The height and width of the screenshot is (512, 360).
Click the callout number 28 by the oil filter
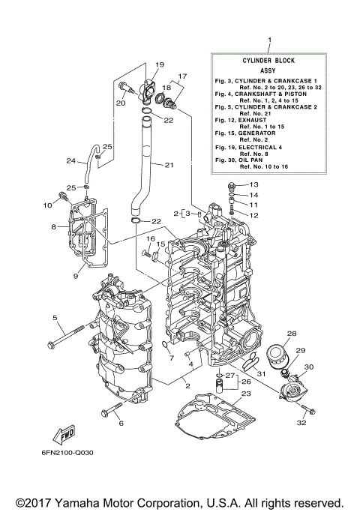coord(292,334)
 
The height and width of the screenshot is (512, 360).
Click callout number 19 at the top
coord(160,64)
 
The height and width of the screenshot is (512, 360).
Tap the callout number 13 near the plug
coord(253,184)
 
